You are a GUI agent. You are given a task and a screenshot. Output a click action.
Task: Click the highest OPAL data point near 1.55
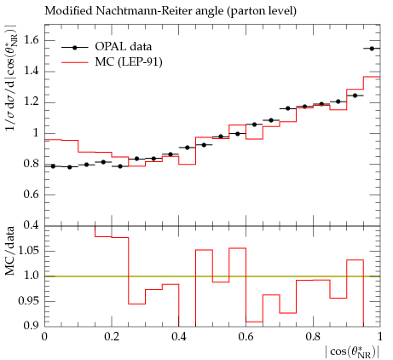(x=372, y=49)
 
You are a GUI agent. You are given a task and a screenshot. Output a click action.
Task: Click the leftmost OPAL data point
(x=53, y=166)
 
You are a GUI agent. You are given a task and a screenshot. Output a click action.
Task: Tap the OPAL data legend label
(x=124, y=47)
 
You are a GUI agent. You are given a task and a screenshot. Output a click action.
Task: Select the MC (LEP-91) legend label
(x=129, y=61)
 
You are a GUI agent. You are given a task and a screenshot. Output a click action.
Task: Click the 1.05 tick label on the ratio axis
(x=27, y=251)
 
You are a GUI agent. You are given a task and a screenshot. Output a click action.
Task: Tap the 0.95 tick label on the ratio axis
(x=27, y=301)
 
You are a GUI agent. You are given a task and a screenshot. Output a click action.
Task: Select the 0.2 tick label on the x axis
(x=112, y=337)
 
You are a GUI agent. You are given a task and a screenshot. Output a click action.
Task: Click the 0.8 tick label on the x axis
(x=313, y=337)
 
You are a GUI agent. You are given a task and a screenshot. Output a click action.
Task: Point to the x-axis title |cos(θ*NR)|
(x=352, y=352)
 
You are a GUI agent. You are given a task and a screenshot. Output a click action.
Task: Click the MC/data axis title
(x=10, y=251)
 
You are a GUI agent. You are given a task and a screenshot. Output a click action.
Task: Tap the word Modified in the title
(x=69, y=11)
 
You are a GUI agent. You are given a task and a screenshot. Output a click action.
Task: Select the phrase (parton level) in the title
(x=262, y=11)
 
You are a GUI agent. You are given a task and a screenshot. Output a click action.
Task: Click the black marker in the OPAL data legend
(x=75, y=48)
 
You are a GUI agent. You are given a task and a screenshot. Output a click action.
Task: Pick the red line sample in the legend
(x=75, y=61)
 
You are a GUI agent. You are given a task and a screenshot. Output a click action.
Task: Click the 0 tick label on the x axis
(x=44, y=337)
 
